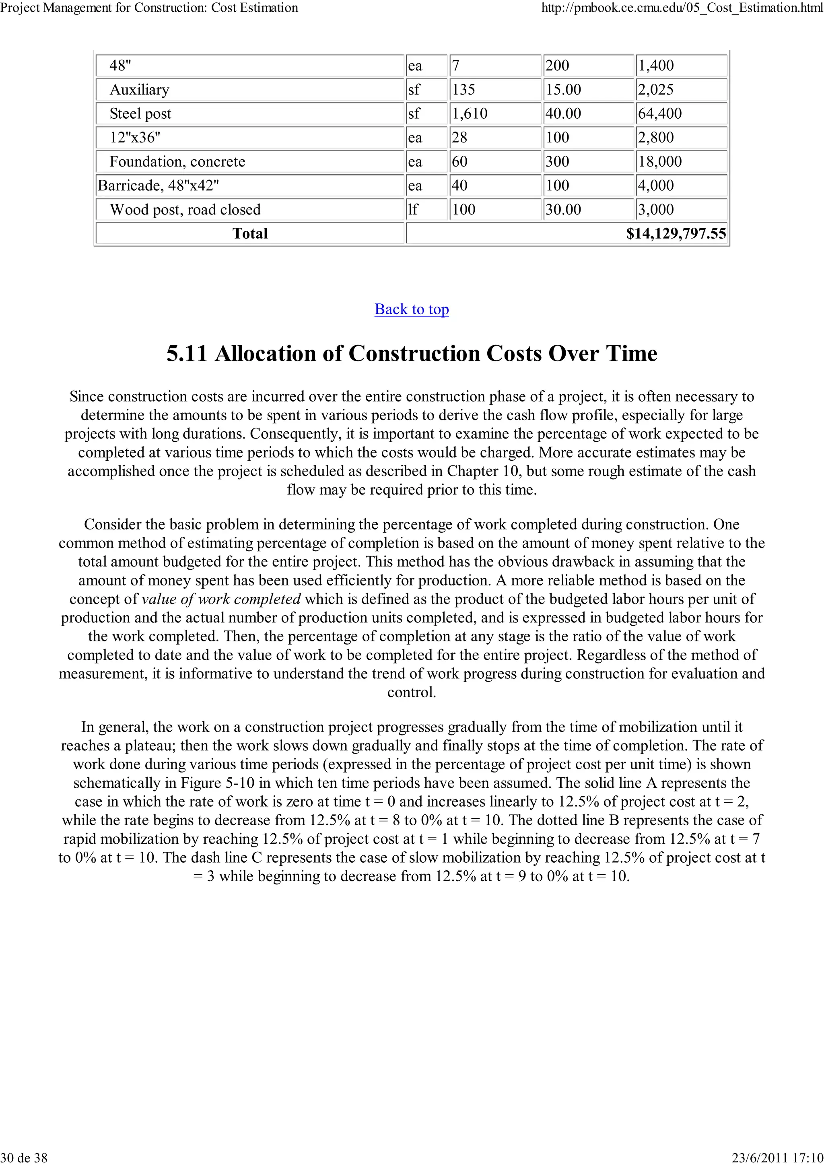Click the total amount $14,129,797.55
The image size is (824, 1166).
(676, 234)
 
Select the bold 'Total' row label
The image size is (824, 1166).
(250, 234)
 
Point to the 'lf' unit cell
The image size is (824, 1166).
(413, 209)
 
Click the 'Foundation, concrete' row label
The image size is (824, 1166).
(177, 161)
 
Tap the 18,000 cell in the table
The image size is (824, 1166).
(659, 161)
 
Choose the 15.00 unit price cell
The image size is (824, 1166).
(563, 89)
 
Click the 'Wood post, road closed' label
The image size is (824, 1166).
(185, 209)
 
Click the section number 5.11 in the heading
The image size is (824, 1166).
(186, 353)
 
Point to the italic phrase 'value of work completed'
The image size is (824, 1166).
(221, 599)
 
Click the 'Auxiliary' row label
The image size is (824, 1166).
(139, 89)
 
